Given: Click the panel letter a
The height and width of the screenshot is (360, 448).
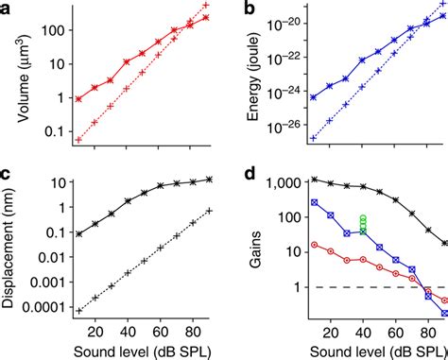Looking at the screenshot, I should click(x=8, y=10).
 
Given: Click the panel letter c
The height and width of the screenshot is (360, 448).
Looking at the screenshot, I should click(x=8, y=176).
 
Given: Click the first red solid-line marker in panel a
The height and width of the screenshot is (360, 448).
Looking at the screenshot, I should click(x=78, y=98).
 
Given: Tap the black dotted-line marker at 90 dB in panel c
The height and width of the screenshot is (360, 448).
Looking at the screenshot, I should click(x=209, y=211).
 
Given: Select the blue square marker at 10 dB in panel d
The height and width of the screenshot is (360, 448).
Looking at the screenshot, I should click(x=314, y=202).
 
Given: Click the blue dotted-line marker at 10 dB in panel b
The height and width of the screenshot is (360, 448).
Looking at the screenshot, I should click(x=313, y=138).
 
